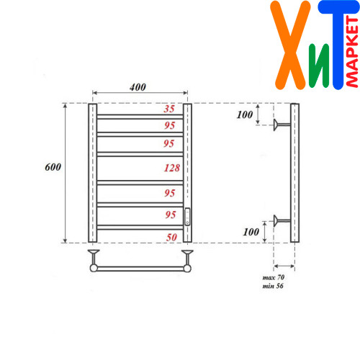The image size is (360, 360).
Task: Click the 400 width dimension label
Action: pyautogui.click(x=138, y=87)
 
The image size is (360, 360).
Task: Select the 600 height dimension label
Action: pyautogui.click(x=53, y=167)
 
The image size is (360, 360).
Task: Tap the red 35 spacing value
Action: pyautogui.click(x=169, y=109)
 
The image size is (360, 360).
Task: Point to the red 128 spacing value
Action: pyautogui.click(x=172, y=168)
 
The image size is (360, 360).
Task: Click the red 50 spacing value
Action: pyautogui.click(x=171, y=238)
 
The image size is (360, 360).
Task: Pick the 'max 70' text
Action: pyautogui.click(x=274, y=277)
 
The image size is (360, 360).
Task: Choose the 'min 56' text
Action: pyautogui.click(x=273, y=286)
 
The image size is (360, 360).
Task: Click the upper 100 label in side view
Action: pyautogui.click(x=245, y=114)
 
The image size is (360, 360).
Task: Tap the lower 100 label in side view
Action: pyautogui.click(x=251, y=232)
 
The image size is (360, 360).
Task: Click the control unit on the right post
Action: pyautogui.click(x=187, y=217)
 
